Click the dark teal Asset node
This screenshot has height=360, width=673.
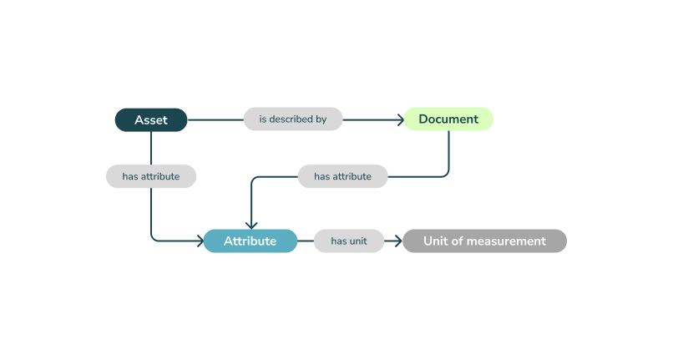(150, 119)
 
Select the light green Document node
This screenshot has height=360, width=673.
(448, 119)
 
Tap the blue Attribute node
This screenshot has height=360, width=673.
(250, 241)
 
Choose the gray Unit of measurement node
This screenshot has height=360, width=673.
(484, 241)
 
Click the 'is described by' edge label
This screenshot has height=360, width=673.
(292, 119)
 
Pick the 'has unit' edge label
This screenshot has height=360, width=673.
(349, 241)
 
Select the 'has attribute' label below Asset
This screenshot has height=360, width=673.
(150, 176)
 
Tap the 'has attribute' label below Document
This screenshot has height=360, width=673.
(342, 176)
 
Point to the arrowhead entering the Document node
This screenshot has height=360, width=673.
(401, 119)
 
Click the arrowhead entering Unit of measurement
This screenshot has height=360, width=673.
(398, 241)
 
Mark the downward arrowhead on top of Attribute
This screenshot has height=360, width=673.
(250, 225)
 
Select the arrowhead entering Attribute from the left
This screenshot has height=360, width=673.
(200, 241)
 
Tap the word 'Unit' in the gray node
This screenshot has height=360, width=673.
(436, 241)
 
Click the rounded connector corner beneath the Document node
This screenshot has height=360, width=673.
(446, 173)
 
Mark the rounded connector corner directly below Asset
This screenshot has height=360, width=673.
(154, 238)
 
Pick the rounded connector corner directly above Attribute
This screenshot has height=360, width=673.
(254, 180)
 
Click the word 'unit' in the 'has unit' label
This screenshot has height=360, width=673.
(357, 241)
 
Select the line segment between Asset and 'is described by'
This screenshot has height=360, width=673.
(215, 119)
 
